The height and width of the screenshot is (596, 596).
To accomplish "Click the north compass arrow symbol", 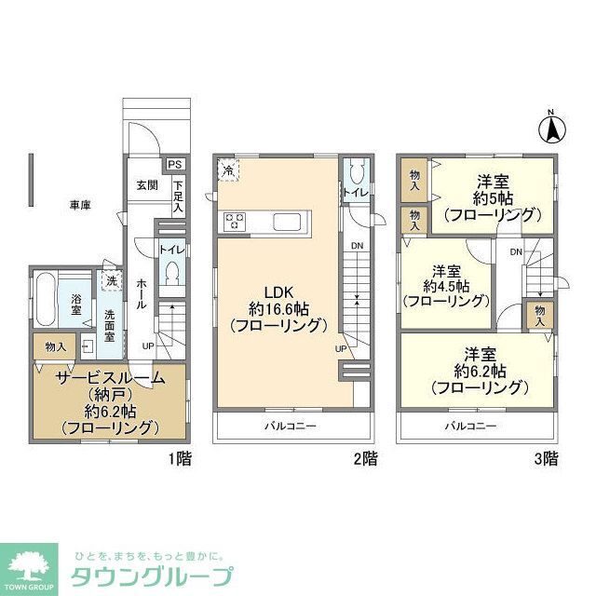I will coord(551,127).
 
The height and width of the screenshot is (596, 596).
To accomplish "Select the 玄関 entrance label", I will coord(146,184).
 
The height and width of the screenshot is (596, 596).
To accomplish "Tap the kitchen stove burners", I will coord(235,221).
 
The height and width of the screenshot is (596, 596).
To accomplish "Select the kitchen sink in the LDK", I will coord(285,221).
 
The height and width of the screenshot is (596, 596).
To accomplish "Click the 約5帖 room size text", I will coord(491,198).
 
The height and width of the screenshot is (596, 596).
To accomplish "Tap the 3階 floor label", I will coord(546,458).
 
